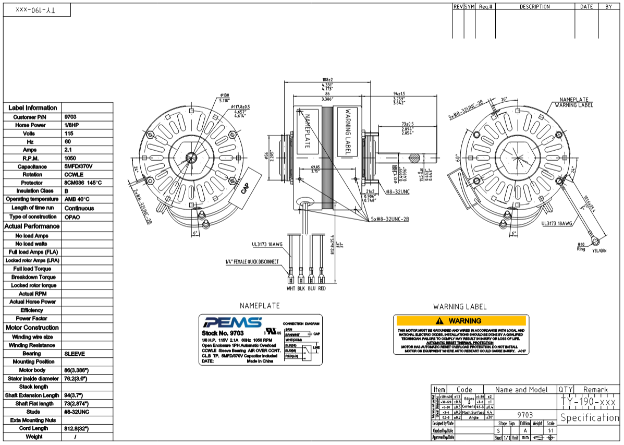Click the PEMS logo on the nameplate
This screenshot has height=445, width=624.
click(x=226, y=322)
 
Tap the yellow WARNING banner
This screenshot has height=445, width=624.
click(x=461, y=321)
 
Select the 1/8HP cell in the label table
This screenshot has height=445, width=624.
click(x=70, y=125)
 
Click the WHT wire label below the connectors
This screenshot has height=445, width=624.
click(x=291, y=288)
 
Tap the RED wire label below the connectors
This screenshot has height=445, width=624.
click(x=322, y=288)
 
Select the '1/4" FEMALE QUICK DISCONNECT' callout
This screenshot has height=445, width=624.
click(x=252, y=261)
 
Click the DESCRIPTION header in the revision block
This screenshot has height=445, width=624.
click(x=534, y=7)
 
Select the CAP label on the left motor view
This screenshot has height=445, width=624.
click(x=246, y=188)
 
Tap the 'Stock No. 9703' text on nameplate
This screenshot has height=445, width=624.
click(x=223, y=333)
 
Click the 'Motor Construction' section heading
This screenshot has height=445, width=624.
click(x=32, y=328)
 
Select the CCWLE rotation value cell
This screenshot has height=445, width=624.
click(x=74, y=175)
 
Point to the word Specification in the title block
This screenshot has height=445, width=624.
click(x=590, y=418)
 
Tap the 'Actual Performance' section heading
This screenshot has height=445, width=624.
click(x=32, y=226)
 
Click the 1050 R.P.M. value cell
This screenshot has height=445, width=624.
click(x=70, y=158)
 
